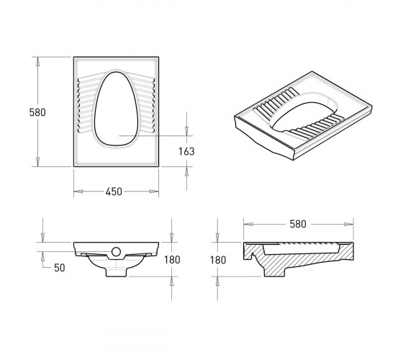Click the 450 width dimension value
click(114, 192)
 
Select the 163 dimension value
click(186, 151)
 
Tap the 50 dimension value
click(59, 268)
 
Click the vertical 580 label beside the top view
click(37, 112)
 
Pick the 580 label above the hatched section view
click(298, 224)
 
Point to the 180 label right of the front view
click(172, 260)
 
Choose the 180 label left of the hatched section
click(218, 260)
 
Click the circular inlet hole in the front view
click(116, 252)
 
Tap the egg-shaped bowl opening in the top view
click(116, 109)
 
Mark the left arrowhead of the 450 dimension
click(78, 192)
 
